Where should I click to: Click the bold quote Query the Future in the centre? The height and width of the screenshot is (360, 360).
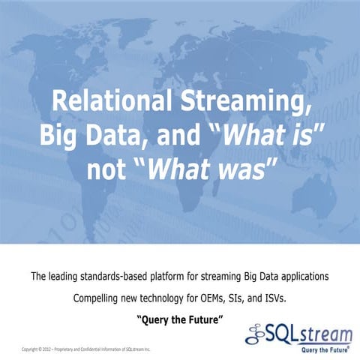[x=180, y=320]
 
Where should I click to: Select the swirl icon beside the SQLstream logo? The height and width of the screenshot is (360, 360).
[x=256, y=334]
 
